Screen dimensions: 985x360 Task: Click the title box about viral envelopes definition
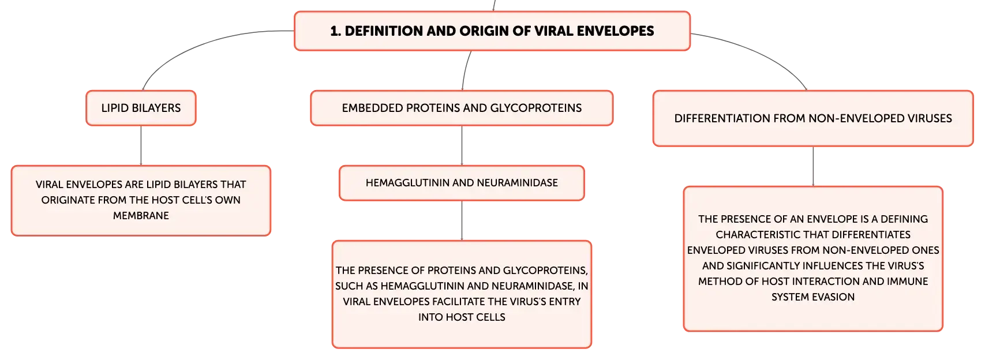pos(492,31)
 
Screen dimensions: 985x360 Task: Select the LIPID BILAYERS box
pos(141,108)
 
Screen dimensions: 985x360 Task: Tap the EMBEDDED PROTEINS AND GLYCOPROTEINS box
pos(462,108)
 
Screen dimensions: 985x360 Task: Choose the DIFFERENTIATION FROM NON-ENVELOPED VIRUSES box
pos(813,118)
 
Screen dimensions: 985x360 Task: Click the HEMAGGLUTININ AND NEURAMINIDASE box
pos(462,183)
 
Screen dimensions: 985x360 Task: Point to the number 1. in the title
pos(335,31)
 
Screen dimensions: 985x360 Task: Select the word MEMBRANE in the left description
pos(141,215)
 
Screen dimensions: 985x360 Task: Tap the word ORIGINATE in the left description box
pos(68,200)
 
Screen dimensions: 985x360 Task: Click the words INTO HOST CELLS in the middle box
pos(462,317)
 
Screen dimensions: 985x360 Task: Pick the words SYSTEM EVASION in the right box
pos(813,297)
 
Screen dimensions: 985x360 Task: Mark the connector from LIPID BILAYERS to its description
pos(141,145)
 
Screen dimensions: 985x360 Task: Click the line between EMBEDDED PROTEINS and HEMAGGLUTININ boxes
pos(462,145)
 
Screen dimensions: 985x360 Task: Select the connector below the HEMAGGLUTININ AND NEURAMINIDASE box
pos(462,220)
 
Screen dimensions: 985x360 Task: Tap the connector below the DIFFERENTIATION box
pos(813,167)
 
